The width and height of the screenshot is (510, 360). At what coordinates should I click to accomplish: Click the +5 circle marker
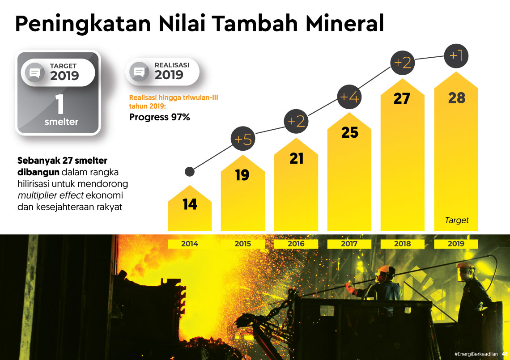[243, 139]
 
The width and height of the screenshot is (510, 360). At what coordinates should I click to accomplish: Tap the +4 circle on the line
[349, 97]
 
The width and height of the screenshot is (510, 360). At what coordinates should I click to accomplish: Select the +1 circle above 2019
[456, 56]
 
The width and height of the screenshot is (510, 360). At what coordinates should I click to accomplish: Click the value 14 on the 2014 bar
[190, 204]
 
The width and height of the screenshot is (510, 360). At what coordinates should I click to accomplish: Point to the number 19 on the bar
[242, 175]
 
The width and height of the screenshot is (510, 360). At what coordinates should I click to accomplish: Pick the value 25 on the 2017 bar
[350, 132]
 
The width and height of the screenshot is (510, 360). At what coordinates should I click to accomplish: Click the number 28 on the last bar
[457, 98]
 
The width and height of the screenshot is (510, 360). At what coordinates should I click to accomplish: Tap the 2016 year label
[296, 244]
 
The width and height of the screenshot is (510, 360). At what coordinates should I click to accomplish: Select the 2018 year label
[402, 244]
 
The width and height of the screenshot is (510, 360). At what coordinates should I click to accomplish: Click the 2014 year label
[190, 244]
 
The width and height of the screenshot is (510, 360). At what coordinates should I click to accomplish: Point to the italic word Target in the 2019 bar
[457, 220]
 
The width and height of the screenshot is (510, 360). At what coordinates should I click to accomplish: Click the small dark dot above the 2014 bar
[190, 171]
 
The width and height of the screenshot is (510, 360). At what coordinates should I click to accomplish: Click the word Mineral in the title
[345, 23]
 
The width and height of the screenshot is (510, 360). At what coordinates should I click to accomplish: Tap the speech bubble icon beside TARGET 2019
[35, 72]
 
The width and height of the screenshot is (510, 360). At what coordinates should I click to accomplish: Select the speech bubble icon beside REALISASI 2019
[139, 72]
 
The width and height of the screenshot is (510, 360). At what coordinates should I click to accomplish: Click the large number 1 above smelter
[59, 104]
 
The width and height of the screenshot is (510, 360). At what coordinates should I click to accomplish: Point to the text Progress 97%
[159, 117]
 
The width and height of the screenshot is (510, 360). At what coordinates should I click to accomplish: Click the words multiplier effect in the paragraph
[51, 195]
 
